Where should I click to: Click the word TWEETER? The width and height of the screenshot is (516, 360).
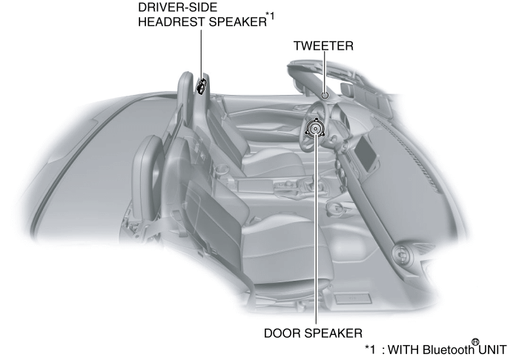pos(323,46)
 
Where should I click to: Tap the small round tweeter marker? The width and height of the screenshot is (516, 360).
pos(325,95)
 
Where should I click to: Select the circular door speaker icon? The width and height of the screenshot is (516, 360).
pos(316,129)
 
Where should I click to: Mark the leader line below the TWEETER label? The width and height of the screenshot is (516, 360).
pos(324,73)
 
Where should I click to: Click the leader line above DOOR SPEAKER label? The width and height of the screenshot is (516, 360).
pos(316,237)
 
